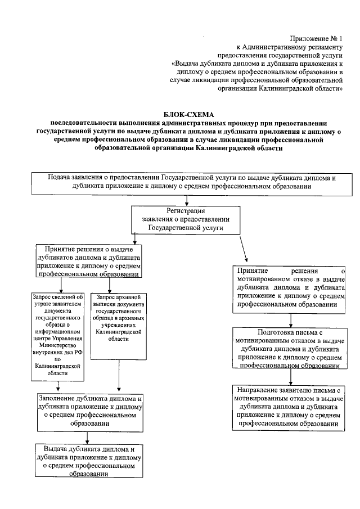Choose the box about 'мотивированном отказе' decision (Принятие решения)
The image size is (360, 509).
290,288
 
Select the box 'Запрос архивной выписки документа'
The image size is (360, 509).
118,318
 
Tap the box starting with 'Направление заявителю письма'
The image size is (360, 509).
290,407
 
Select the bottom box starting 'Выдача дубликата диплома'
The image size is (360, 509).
88,461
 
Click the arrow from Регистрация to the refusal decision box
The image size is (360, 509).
243,247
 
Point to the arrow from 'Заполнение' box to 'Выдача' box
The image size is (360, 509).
87,438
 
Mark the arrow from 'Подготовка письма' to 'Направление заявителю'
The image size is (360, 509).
290,377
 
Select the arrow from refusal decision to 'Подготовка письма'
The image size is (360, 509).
290,319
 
